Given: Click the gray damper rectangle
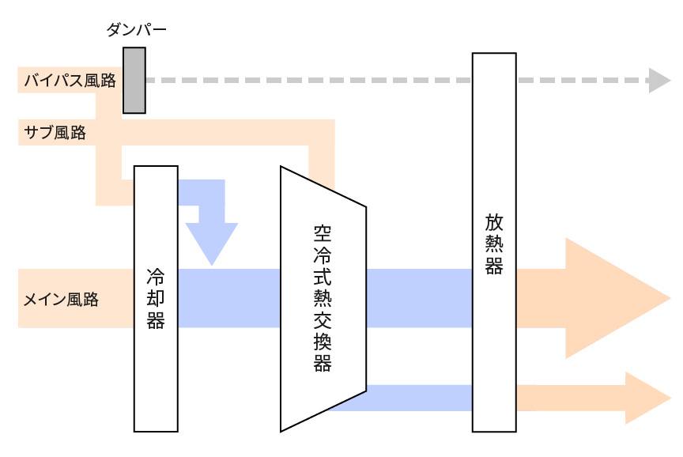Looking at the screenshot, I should (x=134, y=80).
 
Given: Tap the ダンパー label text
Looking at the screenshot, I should (x=136, y=31).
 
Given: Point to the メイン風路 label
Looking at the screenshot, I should (x=62, y=300).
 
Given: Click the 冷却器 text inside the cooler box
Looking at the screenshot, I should (x=156, y=299).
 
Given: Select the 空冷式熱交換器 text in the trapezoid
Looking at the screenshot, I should (x=323, y=298).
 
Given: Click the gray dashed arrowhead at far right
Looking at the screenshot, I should (x=659, y=80).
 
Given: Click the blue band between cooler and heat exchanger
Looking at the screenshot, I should (x=229, y=298).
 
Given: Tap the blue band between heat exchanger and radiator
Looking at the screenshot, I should (x=419, y=298).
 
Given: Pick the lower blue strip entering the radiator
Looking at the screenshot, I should (x=419, y=398).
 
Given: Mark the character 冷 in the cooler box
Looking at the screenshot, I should (x=156, y=277).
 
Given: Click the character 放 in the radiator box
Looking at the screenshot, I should (x=494, y=220).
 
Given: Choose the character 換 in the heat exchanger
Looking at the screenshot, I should (x=323, y=341).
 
